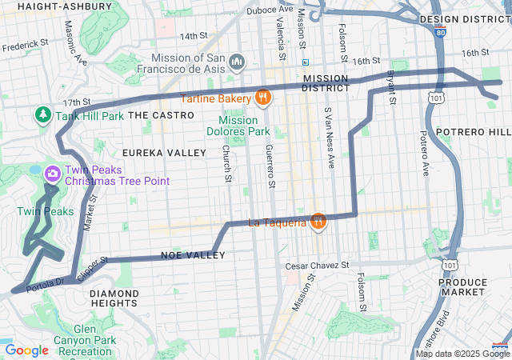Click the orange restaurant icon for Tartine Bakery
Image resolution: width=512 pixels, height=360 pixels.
click(x=262, y=98)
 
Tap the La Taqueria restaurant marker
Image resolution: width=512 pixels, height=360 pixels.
click(x=318, y=222)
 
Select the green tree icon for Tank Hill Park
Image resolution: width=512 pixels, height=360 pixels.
click(x=42, y=115)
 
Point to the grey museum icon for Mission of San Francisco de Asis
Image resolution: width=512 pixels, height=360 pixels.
click(x=237, y=62)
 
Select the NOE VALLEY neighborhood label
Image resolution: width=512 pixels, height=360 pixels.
click(x=193, y=255)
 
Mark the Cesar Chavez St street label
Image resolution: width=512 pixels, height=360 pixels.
click(x=318, y=265)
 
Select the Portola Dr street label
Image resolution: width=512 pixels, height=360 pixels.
click(x=44, y=284)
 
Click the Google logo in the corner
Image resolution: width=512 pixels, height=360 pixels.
click(x=26, y=350)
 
